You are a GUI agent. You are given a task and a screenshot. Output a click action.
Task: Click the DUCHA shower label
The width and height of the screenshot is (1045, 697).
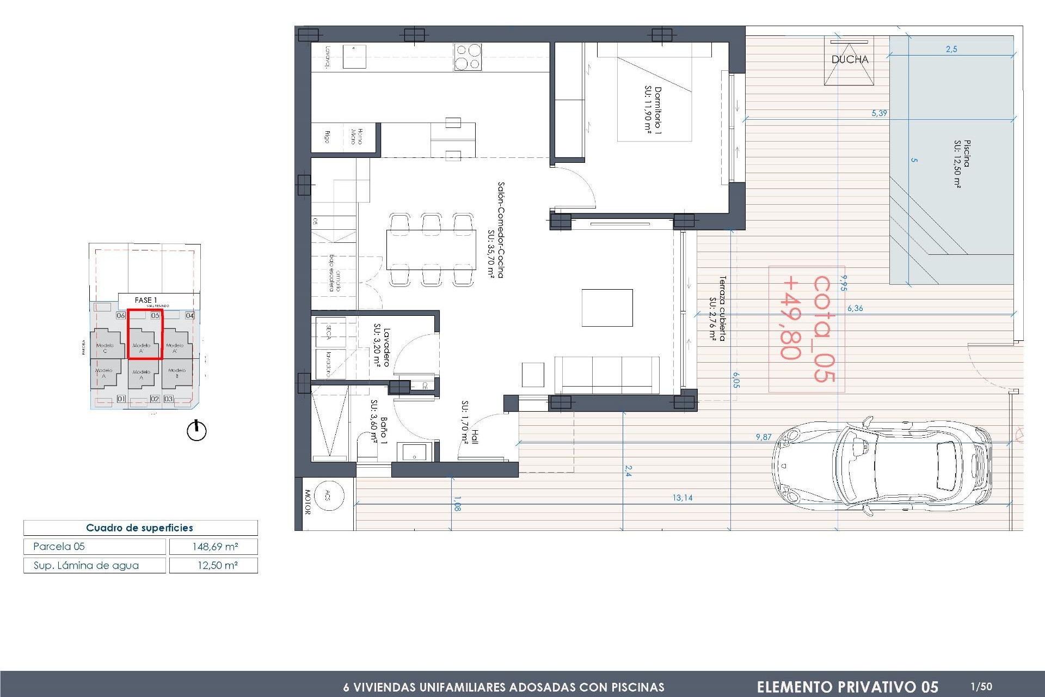pos(850,59)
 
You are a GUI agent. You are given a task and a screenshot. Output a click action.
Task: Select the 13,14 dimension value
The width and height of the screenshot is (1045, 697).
pos(682,498)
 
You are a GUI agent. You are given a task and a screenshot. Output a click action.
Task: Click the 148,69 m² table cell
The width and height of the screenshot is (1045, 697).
pos(214,547)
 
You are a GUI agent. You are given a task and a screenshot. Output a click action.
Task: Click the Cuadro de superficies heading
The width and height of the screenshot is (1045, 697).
pos(140,528)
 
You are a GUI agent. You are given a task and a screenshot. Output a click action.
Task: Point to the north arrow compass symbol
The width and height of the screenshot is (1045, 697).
pos(196,431)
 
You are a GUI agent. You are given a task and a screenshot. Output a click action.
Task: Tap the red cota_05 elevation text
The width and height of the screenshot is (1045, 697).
pos(823,329)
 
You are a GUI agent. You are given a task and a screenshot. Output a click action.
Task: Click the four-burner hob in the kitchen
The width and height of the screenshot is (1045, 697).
pos(468,57)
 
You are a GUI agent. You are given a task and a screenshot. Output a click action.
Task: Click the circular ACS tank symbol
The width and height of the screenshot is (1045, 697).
pos(329,495)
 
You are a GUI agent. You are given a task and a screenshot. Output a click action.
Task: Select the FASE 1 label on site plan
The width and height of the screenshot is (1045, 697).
pos(145,300)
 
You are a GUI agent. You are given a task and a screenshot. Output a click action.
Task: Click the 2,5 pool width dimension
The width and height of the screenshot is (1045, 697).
pos(951,49)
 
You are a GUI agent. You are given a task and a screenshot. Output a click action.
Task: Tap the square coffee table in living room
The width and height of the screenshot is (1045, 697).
pos(607,308)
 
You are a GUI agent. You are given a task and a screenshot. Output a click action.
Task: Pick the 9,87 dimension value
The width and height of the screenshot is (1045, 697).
pos(763,437)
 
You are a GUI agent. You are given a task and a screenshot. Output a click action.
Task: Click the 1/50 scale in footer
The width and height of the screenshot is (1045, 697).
pos(981,687)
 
